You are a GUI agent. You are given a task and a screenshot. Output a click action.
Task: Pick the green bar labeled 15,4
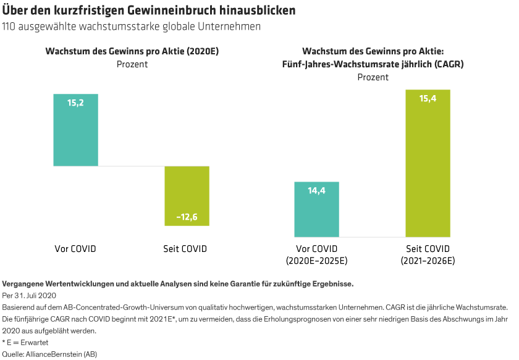pos(428,163)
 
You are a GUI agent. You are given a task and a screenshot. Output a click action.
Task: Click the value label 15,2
pos(75,103)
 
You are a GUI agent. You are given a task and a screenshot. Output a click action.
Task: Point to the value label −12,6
pos(187,217)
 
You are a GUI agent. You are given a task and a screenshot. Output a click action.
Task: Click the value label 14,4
pos(316,191)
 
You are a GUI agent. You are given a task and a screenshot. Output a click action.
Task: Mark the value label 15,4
pos(428,99)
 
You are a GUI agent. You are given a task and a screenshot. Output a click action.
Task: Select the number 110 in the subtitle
pos(11,27)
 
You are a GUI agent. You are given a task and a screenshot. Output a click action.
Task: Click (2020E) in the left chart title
pos(203,52)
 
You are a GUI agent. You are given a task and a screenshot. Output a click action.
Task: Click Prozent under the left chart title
pos(132,64)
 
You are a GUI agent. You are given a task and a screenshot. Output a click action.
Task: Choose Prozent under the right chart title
pos(373,77)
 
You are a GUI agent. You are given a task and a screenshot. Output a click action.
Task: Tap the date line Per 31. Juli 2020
pos(30,295)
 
